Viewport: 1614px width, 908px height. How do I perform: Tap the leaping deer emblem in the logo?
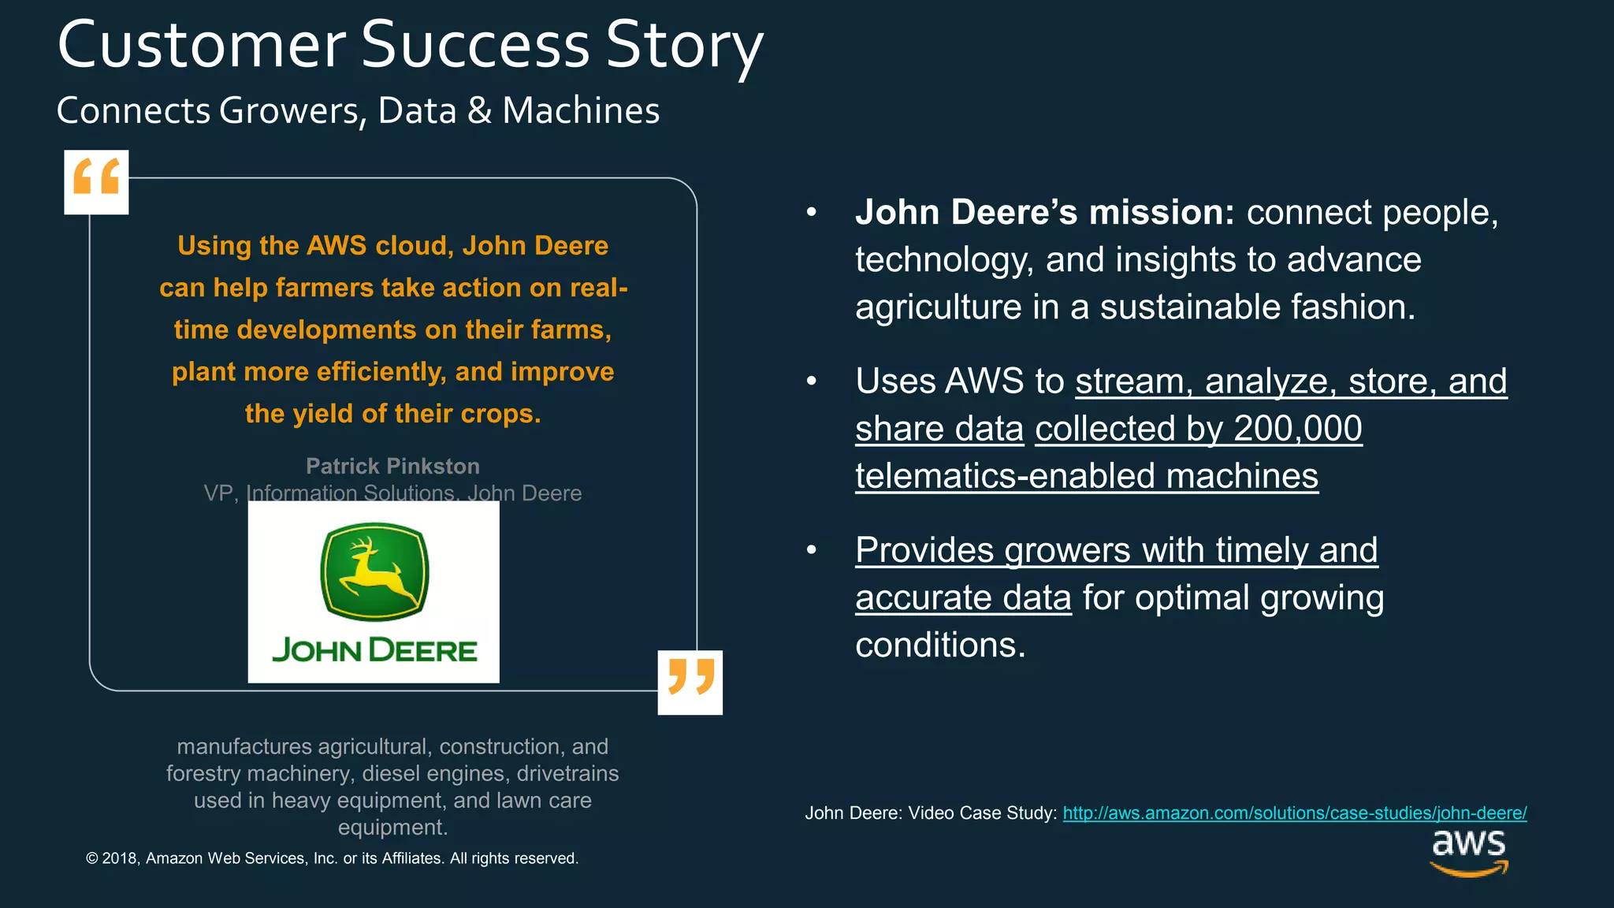tap(374, 571)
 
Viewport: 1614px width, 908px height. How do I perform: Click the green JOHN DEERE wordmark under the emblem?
tap(374, 651)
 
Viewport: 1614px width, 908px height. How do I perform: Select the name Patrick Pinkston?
tap(392, 466)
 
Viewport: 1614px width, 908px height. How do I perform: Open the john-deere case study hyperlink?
tap(1294, 813)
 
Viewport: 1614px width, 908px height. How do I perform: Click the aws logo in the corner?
tap(1468, 851)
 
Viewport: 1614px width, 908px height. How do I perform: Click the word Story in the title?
tap(684, 46)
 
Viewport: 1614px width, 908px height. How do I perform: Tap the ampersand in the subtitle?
tap(479, 110)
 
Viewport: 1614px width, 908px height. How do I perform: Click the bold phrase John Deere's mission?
tap(1044, 213)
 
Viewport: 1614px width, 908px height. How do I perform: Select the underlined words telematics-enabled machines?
tap(1086, 476)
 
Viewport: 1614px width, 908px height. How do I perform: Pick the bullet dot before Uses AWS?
tap(812, 381)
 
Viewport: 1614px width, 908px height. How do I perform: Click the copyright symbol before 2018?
tap(91, 858)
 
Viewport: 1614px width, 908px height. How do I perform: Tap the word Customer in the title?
tap(201, 46)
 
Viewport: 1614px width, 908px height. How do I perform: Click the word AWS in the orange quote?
tap(337, 246)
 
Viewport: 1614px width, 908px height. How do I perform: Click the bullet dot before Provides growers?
tap(812, 550)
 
